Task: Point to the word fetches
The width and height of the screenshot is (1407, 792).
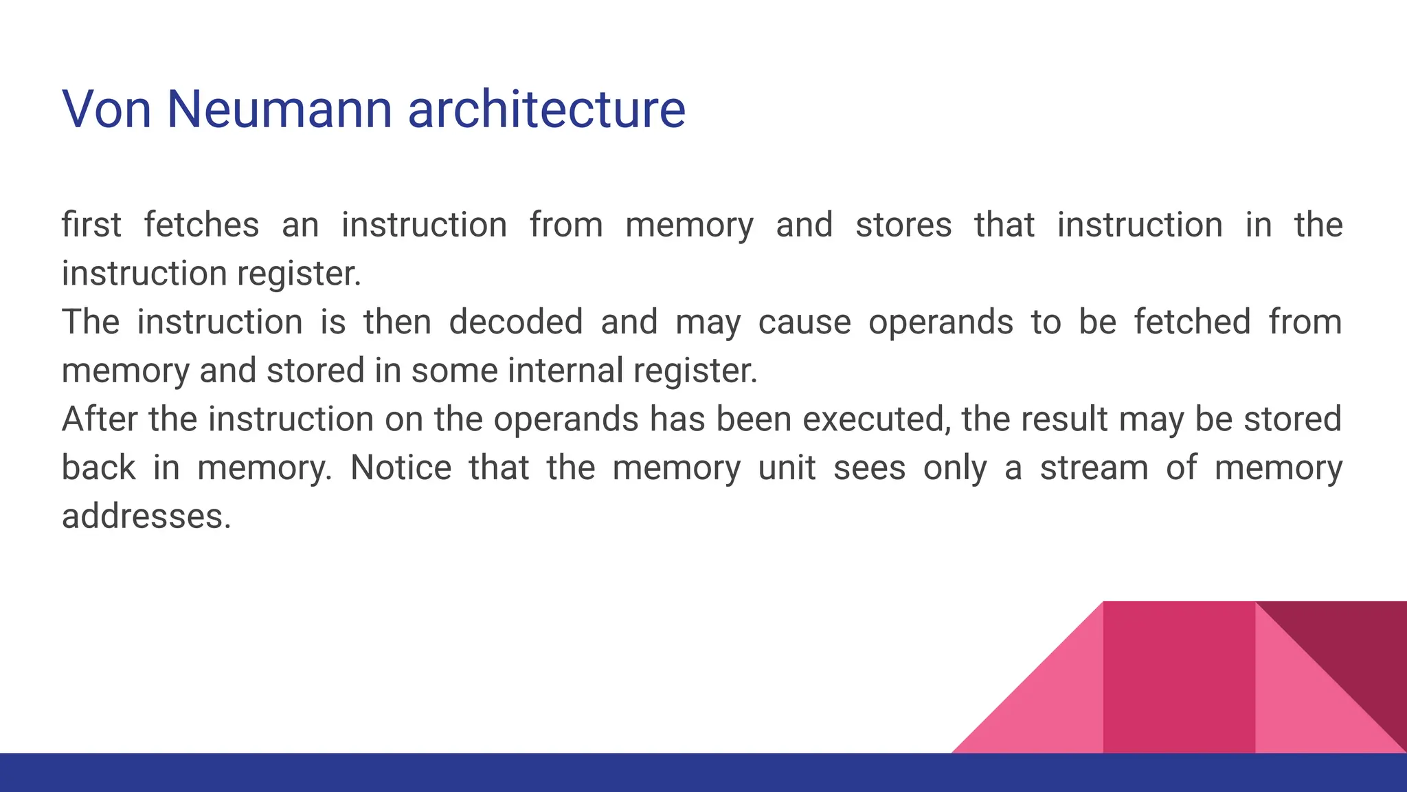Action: click(x=201, y=225)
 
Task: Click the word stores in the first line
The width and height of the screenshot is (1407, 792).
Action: click(x=903, y=225)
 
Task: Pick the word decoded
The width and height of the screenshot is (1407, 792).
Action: click(x=516, y=322)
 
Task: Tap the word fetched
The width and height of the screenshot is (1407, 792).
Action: click(x=1192, y=322)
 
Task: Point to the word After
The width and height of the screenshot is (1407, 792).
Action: click(x=99, y=419)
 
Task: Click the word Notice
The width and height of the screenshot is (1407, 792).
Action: click(x=401, y=467)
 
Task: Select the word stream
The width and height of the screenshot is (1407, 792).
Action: click(x=1094, y=467)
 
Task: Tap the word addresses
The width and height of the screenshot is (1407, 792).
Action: click(x=146, y=516)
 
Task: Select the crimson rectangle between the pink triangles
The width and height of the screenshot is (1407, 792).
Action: click(x=1179, y=677)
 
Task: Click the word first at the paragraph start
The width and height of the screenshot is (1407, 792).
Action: click(x=91, y=225)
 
